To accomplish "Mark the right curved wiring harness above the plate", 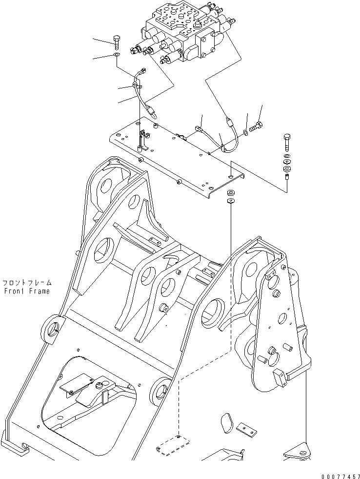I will click(x=220, y=137).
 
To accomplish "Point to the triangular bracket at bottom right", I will click(x=297, y=451).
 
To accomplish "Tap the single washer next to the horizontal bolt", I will click(x=246, y=132).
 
